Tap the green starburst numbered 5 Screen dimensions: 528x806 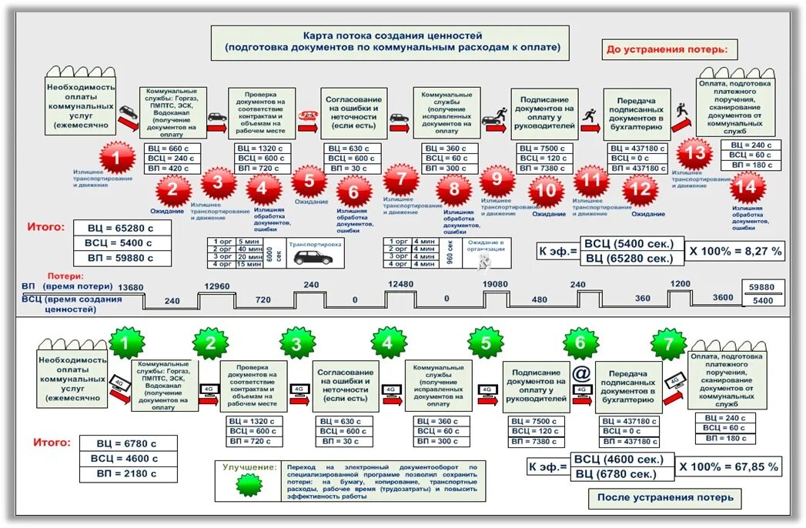coord(486,343)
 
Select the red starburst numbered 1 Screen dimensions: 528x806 coord(115,159)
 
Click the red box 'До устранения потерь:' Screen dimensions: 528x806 coord(671,50)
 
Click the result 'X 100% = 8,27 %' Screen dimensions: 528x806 coord(735,251)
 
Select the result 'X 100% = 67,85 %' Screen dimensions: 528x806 coord(728,466)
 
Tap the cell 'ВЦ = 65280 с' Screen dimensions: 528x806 coord(125,228)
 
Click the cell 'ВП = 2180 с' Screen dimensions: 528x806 coord(128,473)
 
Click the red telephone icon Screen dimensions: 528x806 coord(308,113)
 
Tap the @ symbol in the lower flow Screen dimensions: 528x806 coord(581,373)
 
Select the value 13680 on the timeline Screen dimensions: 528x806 coord(131,287)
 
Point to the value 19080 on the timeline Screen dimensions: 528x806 coord(495,283)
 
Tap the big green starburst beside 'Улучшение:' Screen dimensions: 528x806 coord(249,485)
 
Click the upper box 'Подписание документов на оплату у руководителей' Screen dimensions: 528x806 coord(544,112)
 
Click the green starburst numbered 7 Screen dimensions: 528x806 coord(668,343)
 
